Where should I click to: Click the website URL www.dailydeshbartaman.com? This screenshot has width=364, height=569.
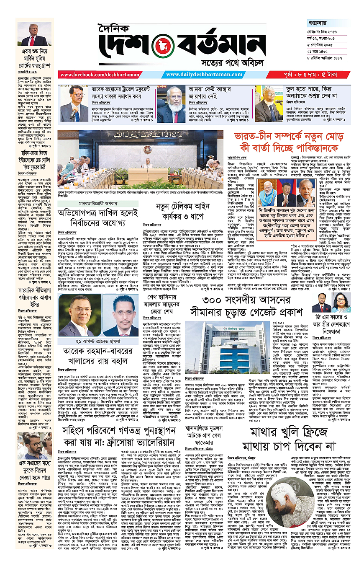point(197,75)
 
